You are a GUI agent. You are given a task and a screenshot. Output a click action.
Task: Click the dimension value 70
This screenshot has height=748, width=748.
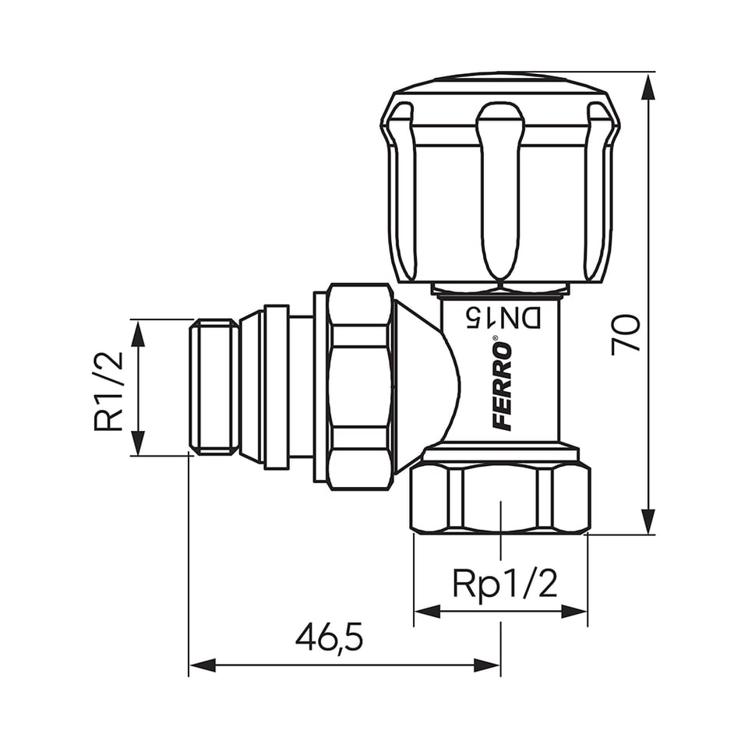pos(626,334)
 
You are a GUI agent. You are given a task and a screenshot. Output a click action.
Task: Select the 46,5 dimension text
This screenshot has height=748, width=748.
pos(329,639)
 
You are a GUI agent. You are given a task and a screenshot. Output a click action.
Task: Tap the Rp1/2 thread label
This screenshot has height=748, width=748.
pos(505,584)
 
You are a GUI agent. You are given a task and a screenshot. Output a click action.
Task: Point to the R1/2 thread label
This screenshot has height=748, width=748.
pos(108,392)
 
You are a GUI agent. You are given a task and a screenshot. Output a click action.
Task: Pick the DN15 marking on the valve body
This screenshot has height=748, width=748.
pos(504,318)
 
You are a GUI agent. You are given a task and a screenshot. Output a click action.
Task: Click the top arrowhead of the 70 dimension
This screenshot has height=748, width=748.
pos(647,88)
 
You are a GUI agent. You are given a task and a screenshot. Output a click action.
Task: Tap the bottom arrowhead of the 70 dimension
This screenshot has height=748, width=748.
pos(647,521)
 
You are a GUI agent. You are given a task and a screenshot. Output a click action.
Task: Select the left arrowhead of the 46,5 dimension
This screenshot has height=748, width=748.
pos(203,665)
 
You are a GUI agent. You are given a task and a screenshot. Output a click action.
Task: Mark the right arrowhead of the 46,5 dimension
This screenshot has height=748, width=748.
pos(486,665)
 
